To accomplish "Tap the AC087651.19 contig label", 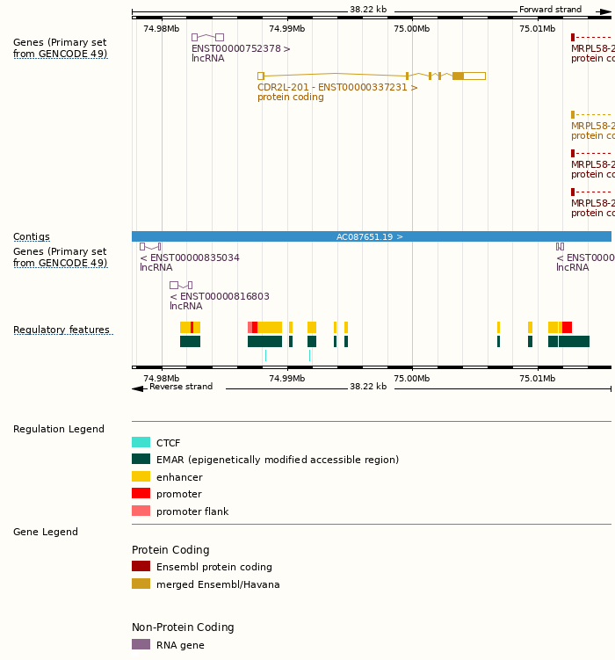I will tap(370, 236).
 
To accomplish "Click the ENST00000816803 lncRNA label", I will tap(219, 296).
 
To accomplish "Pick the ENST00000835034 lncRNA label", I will tap(189, 257).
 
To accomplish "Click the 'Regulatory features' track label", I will tap(61, 330).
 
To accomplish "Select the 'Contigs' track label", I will tap(31, 236).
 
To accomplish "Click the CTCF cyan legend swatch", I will tap(141, 443).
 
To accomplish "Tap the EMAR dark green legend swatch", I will tap(141, 460).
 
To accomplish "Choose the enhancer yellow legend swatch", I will tap(141, 476).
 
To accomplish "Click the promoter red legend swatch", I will tap(141, 494).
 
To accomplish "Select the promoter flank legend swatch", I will tap(141, 511).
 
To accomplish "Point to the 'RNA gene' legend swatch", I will tap(141, 644).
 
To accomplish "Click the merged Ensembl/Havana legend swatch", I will tap(141, 584).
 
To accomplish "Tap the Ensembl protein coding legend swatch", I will tap(141, 567).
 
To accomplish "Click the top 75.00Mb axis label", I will tap(411, 28).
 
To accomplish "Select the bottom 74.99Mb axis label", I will tap(286, 378).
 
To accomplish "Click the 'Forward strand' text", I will tap(550, 10).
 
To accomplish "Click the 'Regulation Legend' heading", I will tap(59, 429).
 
